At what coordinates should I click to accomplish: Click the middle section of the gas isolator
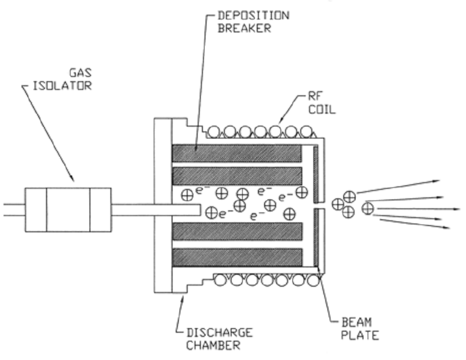(x=68, y=209)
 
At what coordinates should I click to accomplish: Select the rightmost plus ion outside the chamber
(x=368, y=208)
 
